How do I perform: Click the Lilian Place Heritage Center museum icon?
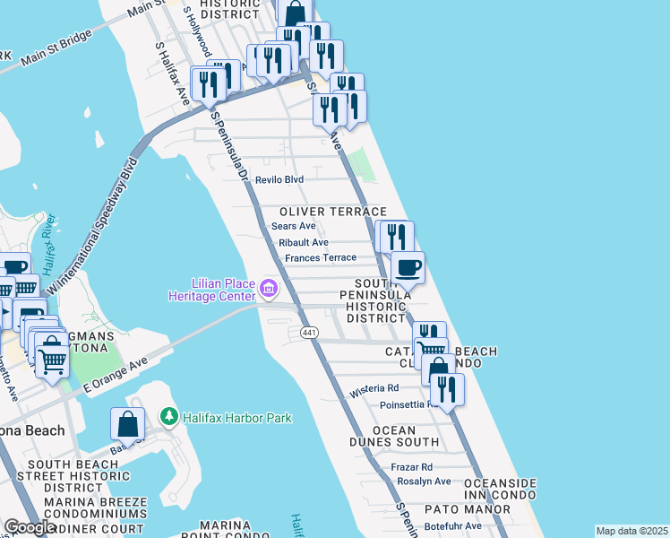[x=270, y=289]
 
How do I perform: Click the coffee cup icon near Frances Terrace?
[x=408, y=266]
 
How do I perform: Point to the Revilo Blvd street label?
[x=279, y=180]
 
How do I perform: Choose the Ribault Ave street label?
[x=304, y=243]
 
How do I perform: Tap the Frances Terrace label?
[x=320, y=258]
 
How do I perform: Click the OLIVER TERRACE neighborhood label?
[x=332, y=211]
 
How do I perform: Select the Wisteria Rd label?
[x=374, y=389]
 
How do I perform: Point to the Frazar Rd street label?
[x=412, y=467]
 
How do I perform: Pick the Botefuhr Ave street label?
[x=452, y=525]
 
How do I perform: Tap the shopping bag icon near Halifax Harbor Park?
[x=128, y=425]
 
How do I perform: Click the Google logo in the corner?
[x=29, y=528]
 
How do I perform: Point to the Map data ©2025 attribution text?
[x=631, y=531]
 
